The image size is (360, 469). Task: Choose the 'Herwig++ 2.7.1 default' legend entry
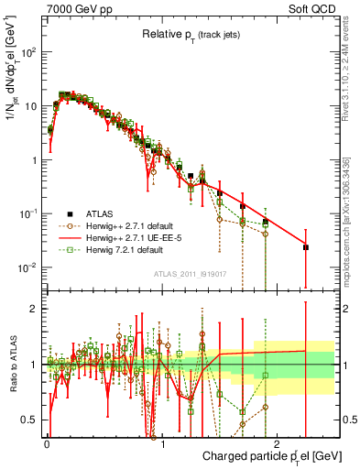137,225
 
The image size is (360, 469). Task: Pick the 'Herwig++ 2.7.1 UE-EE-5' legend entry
140,237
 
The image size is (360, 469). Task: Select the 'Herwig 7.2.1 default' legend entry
133,249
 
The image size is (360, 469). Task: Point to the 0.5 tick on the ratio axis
30,420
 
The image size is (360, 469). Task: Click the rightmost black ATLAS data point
306,247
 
